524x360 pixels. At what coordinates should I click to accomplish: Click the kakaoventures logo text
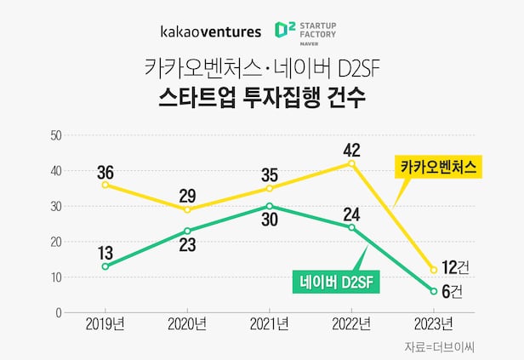tap(211, 31)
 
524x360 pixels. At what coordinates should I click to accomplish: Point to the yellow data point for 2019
tap(105, 185)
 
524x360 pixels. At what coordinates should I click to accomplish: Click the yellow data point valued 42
tap(351, 163)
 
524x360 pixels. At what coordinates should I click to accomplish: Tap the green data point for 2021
tap(270, 206)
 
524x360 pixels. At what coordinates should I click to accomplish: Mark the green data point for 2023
tap(434, 291)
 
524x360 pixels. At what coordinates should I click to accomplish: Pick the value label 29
tap(187, 193)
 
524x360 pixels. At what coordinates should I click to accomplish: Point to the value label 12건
tap(456, 267)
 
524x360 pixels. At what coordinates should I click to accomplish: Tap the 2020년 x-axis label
tap(187, 323)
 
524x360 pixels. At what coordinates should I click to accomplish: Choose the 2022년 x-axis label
tap(351, 323)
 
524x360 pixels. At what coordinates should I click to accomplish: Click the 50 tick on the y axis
tap(55, 135)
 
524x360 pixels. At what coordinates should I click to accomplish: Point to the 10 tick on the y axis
tap(55, 277)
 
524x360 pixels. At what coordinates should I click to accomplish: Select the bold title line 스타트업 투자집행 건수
tap(262, 96)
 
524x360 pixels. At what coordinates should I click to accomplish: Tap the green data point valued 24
tap(351, 227)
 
